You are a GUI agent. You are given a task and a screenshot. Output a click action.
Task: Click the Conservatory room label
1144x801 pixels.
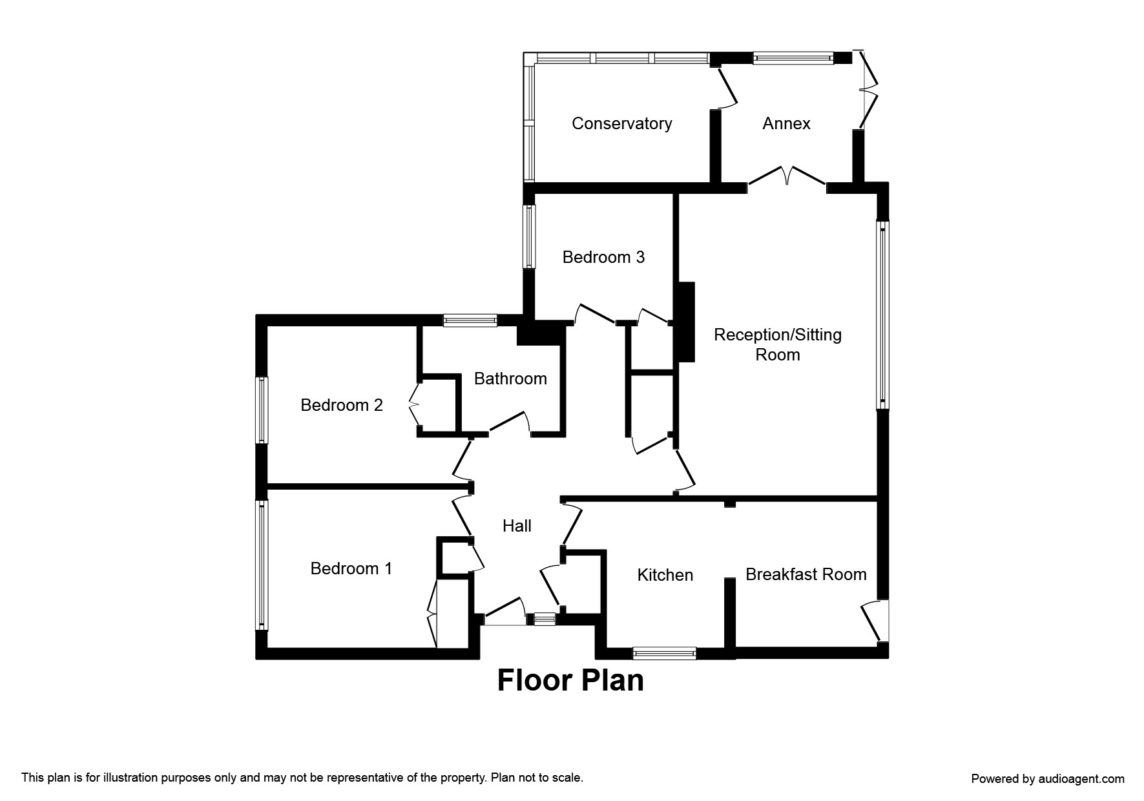(621, 123)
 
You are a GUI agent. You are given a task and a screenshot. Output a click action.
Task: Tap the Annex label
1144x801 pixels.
(786, 123)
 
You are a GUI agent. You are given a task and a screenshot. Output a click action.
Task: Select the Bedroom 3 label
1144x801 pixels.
(603, 257)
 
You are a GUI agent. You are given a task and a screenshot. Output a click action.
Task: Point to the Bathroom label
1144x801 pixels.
(510, 379)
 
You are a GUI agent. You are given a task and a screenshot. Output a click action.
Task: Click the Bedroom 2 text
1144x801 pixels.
(342, 405)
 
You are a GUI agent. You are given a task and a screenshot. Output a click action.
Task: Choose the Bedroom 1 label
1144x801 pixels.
(351, 568)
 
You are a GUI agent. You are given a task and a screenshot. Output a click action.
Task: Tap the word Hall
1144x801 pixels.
(517, 526)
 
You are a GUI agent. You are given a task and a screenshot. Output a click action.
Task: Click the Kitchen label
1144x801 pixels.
(665, 575)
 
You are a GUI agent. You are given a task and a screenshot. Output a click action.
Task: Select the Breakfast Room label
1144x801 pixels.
(806, 574)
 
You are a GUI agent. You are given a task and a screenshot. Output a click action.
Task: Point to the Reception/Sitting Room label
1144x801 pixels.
(777, 344)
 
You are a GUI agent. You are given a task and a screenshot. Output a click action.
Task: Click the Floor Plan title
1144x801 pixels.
(570, 680)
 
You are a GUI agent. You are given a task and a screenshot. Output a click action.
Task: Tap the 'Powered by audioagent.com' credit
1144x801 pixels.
(1047, 778)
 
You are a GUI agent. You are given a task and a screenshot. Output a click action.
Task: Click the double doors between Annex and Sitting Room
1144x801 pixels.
(787, 178)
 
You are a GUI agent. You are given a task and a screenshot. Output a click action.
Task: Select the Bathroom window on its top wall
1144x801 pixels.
(470, 320)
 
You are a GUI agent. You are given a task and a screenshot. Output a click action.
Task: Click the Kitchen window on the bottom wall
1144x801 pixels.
(664, 653)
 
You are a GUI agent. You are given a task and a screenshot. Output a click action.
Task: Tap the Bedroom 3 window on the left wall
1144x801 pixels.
(529, 236)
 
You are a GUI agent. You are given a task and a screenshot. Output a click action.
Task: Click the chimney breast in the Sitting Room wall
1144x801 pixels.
(685, 322)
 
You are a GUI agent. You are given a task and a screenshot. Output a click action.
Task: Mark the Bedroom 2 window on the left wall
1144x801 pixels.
(262, 410)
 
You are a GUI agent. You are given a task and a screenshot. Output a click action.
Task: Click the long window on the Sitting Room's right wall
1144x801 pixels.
(882, 315)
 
